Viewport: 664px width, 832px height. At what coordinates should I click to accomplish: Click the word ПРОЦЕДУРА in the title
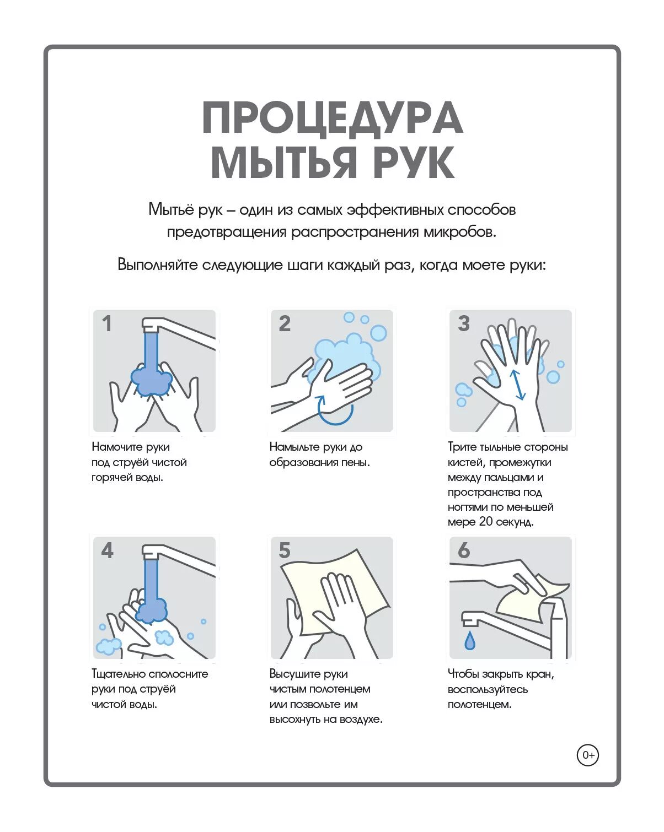[x=332, y=118]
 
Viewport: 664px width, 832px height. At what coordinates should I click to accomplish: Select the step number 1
[x=107, y=323]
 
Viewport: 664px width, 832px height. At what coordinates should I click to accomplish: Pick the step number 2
[x=285, y=323]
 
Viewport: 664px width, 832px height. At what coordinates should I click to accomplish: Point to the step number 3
[x=464, y=323]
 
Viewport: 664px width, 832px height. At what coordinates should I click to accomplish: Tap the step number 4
[x=107, y=550]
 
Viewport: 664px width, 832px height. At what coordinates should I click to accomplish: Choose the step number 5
[x=285, y=550]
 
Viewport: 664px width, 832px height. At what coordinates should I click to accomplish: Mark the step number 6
[x=464, y=550]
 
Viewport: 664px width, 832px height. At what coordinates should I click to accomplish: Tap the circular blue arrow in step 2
[x=335, y=410]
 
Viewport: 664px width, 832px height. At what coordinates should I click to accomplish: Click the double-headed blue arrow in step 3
[x=517, y=385]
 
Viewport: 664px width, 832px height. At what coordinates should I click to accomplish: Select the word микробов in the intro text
[x=460, y=233]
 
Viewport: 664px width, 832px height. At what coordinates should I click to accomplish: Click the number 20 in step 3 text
[x=486, y=522]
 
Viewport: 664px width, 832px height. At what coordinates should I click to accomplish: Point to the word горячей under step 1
[x=112, y=478]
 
